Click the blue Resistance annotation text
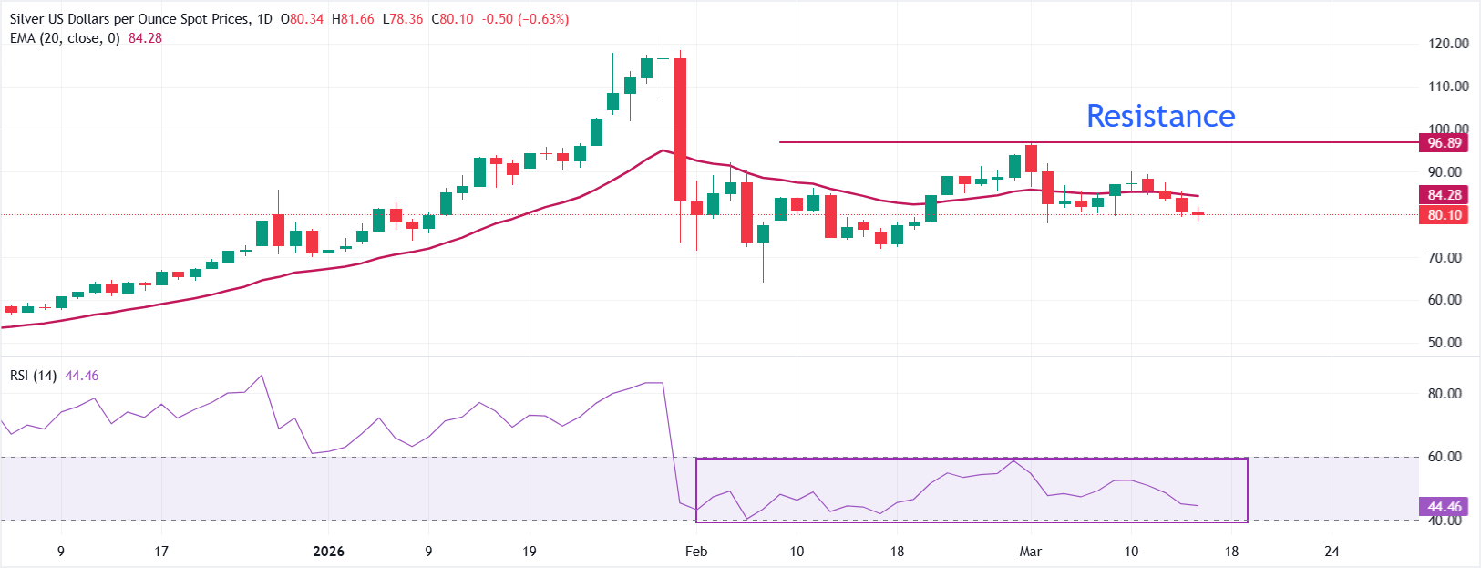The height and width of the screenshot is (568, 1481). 1160,116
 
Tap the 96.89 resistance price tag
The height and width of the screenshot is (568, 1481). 1444,142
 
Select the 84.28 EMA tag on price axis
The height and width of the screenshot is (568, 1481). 1444,194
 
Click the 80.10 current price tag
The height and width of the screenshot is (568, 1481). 1444,215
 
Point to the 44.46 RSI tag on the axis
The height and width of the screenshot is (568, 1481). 1444,506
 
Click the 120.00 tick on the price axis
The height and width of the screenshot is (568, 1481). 1448,43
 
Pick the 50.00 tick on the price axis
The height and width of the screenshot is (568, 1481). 1445,343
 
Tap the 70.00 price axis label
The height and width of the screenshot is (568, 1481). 1445,257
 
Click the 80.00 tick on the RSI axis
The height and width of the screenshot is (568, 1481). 1445,394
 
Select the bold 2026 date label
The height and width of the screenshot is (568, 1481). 328,551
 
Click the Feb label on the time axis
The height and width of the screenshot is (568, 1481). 696,551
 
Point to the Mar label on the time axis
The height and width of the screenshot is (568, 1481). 1031,551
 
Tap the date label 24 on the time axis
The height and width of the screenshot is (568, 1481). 1332,551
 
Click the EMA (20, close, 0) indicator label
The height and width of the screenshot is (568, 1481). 65,38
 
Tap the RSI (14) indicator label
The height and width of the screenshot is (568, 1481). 34,376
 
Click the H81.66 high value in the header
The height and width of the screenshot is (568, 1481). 353,19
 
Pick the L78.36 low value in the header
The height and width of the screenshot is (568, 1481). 402,19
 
